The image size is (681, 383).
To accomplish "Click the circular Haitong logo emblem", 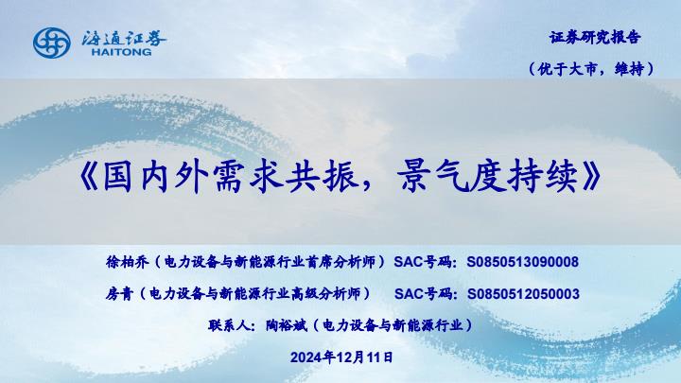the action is (x=52, y=43).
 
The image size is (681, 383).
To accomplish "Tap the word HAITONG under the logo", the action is (x=122, y=52).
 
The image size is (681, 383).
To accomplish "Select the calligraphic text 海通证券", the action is (x=124, y=38).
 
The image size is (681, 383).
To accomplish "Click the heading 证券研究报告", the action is (x=595, y=37).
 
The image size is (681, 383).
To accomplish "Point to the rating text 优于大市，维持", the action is (x=591, y=69).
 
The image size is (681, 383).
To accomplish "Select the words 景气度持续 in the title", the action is (x=487, y=176).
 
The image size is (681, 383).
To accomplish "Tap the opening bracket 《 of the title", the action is (x=88, y=176).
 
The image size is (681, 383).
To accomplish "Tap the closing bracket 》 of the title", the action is (x=591, y=176).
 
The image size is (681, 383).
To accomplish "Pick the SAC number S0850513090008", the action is (x=522, y=262).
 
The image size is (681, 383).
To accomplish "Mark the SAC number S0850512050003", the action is (x=523, y=294).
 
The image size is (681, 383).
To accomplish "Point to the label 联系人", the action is (x=229, y=325).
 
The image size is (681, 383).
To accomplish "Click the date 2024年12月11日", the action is (x=341, y=357).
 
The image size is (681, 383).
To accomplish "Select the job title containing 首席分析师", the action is (x=270, y=262).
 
